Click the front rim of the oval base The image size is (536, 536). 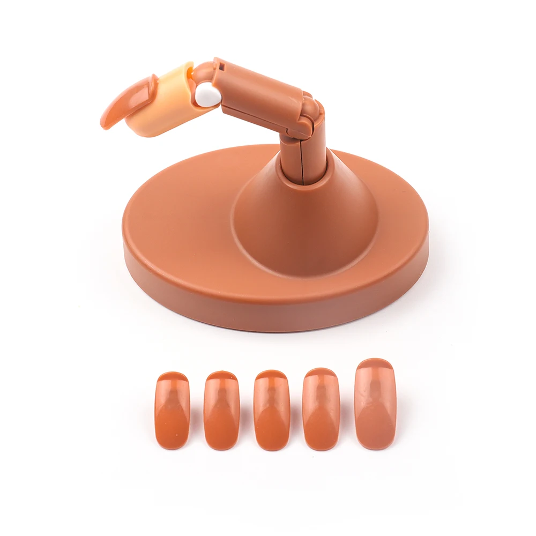(x=268, y=311)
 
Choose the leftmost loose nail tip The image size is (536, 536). (x=173, y=410)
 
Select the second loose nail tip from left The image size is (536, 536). (x=221, y=410)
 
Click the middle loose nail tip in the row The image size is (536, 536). (x=271, y=410)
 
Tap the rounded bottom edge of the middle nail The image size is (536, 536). (x=271, y=446)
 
